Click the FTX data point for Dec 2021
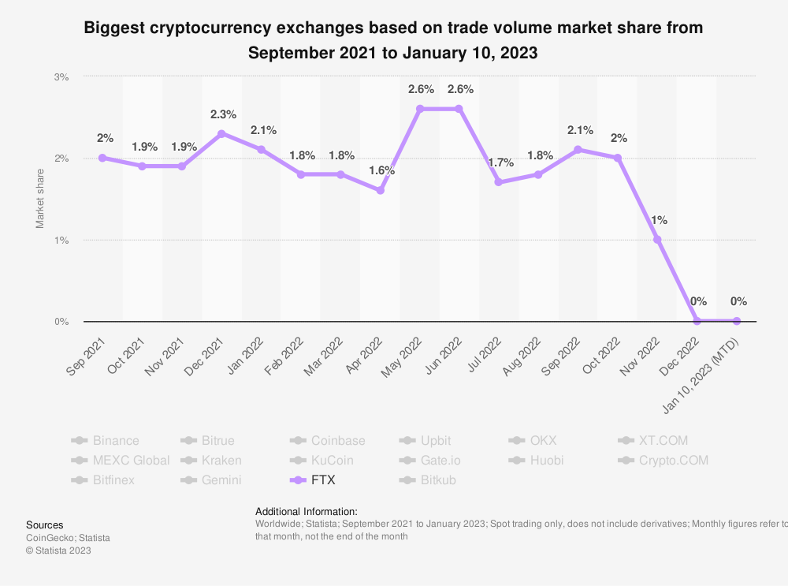(x=221, y=133)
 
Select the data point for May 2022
(x=420, y=109)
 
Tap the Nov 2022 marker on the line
(x=657, y=239)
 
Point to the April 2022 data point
(x=380, y=190)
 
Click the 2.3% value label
(x=223, y=114)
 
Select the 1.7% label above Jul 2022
(x=500, y=162)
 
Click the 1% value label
(x=660, y=220)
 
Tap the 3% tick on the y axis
(x=61, y=77)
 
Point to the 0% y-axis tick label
(x=61, y=322)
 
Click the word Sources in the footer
(x=45, y=524)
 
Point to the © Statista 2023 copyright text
(x=58, y=551)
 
